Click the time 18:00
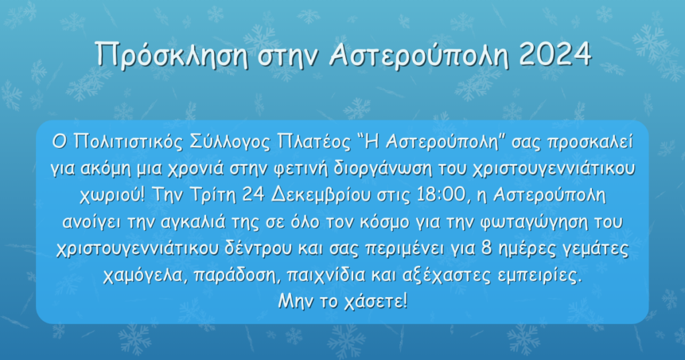(442, 195)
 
